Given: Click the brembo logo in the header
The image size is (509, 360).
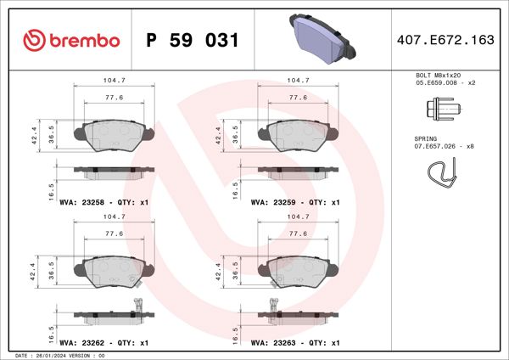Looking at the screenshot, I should coord(71,40).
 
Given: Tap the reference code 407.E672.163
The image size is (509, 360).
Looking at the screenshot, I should coord(445,40).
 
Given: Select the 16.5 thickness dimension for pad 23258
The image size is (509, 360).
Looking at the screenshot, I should coord(52,188).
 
